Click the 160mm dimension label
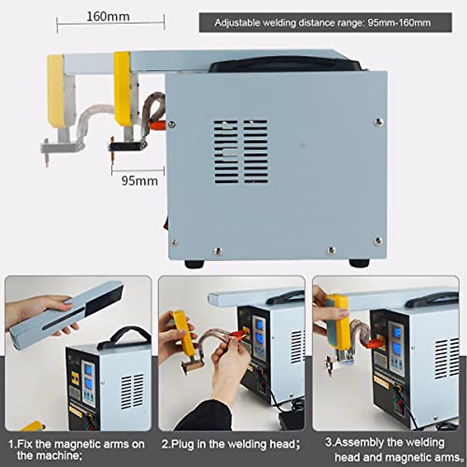click(x=108, y=17)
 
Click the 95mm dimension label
click(x=139, y=181)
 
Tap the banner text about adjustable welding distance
click(x=323, y=23)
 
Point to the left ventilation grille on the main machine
click(x=226, y=152)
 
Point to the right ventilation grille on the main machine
click(x=256, y=152)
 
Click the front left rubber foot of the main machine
click(x=194, y=264)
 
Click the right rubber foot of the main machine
click(x=359, y=263)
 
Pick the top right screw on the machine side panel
click(x=378, y=122)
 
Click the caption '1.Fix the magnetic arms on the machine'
click(x=76, y=449)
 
